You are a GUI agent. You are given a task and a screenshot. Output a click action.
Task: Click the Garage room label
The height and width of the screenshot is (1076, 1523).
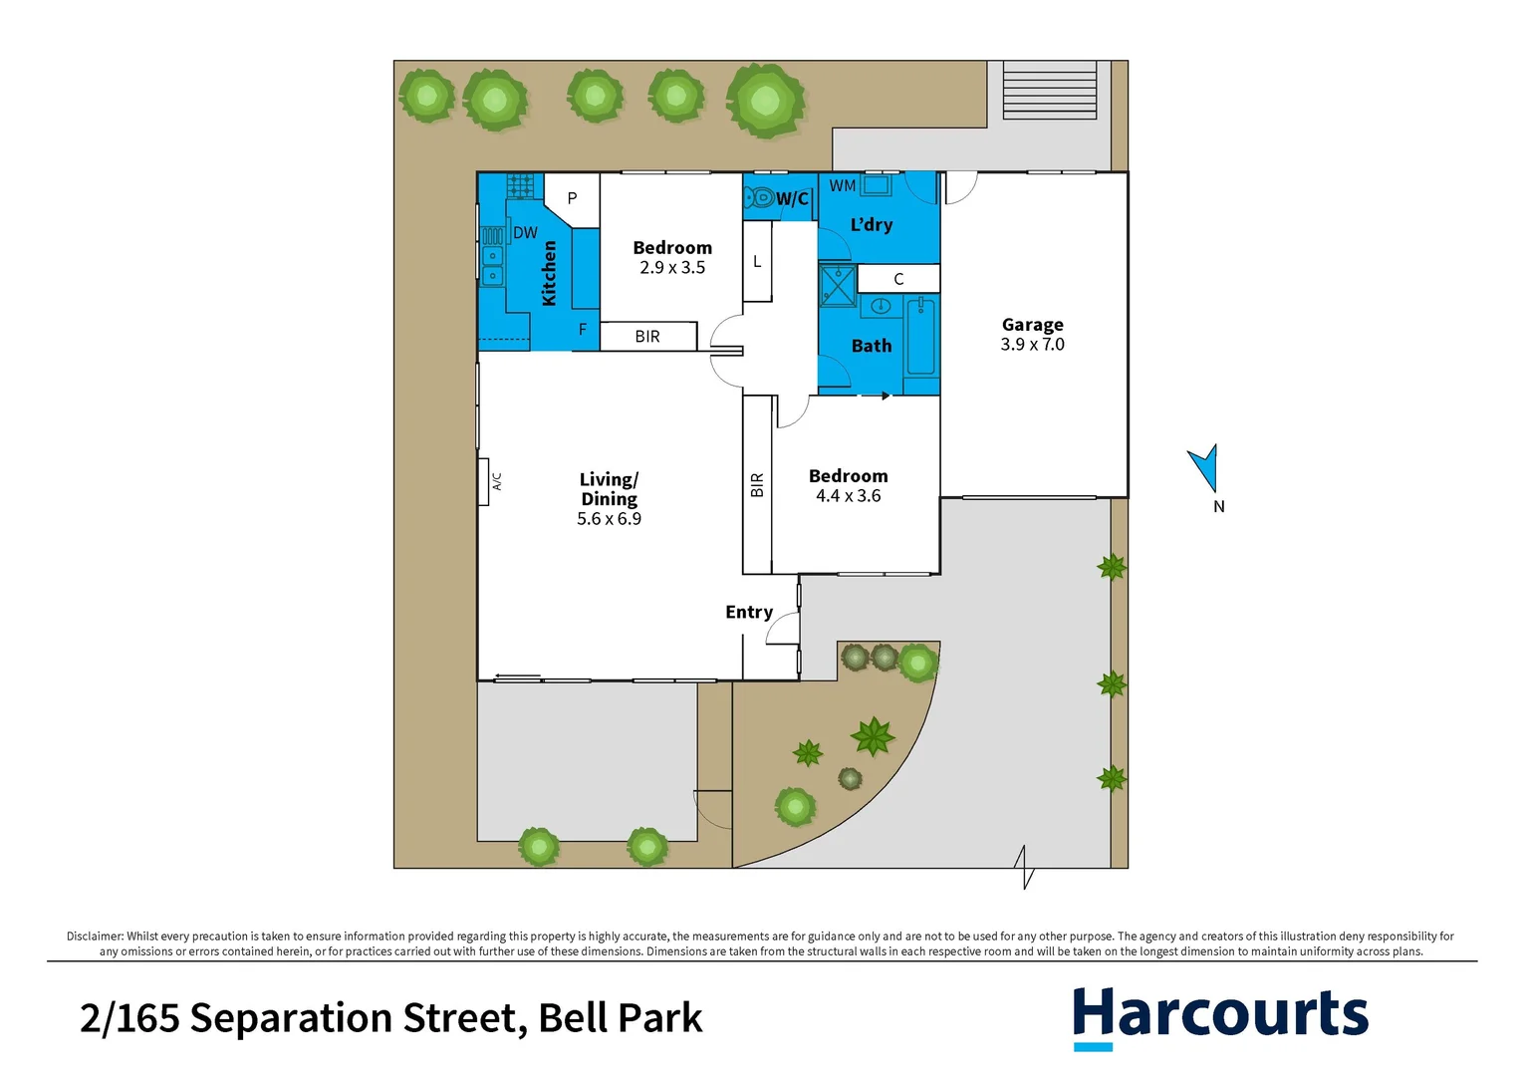(1032, 325)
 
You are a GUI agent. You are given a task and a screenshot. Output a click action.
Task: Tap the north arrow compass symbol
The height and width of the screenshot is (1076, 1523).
(1204, 466)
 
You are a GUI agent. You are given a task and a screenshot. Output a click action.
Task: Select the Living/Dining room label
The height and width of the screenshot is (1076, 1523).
(609, 489)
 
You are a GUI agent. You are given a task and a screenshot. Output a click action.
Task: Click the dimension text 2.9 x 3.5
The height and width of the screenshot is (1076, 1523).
(672, 268)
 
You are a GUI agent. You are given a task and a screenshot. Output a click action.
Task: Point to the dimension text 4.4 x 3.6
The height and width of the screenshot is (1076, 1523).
(848, 496)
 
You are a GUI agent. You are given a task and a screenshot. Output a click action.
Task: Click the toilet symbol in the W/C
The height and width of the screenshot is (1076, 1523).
(760, 197)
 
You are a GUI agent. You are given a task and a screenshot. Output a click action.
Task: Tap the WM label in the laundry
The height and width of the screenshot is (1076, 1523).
(842, 186)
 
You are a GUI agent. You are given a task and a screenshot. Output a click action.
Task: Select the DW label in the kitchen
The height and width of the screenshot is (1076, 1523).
(525, 233)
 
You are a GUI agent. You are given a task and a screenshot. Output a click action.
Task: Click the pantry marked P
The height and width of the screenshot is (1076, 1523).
(572, 198)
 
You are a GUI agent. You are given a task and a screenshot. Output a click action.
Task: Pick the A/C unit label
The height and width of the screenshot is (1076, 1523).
(496, 481)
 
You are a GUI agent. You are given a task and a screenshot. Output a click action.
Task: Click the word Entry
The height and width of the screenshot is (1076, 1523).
(749, 613)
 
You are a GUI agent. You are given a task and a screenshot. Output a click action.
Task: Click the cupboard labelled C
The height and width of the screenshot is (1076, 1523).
(898, 279)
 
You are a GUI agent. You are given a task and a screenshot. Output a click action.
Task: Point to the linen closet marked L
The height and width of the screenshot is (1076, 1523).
(757, 262)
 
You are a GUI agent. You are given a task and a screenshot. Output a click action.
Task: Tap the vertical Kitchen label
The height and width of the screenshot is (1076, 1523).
(549, 273)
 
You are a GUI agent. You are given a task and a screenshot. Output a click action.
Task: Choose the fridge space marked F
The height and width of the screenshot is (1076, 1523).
(583, 330)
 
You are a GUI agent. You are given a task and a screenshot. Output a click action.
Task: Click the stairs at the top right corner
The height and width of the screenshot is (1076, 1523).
(1049, 91)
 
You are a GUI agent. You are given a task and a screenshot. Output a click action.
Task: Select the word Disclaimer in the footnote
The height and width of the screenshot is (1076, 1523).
(95, 937)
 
